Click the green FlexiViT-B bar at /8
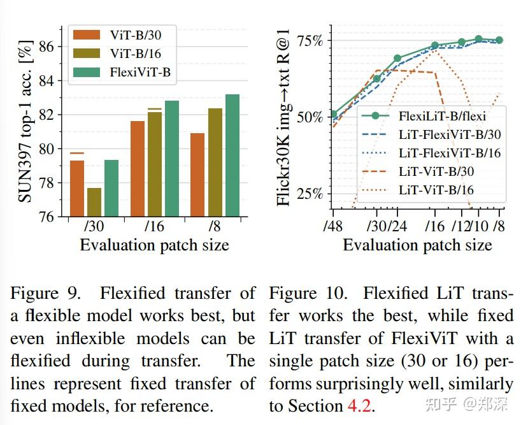coord(232,156)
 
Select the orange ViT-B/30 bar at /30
coord(76,189)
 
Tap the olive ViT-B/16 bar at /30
coord(94,202)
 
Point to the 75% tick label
coord(308,41)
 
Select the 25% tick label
coord(308,194)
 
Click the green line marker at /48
coord(333,115)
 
